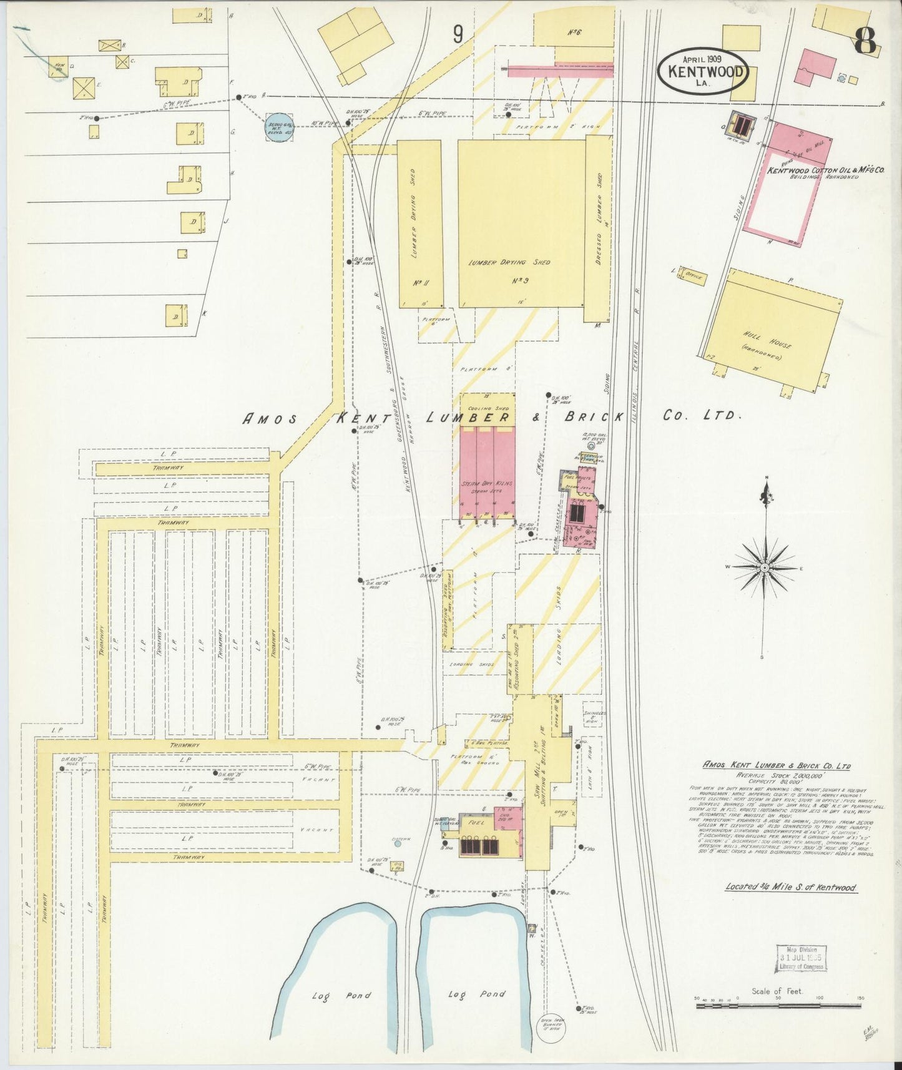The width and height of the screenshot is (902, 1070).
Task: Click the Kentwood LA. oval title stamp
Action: (x=703, y=71)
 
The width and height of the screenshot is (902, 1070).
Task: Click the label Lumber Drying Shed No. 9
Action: (x=509, y=263)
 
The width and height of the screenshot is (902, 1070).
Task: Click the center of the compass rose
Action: (x=764, y=567)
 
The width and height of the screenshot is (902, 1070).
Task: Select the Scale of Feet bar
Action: (x=778, y=1006)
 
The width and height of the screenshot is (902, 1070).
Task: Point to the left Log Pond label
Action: (x=341, y=995)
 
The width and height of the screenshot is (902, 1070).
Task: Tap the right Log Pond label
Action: (x=476, y=994)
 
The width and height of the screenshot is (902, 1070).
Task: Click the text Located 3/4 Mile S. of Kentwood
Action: (x=790, y=887)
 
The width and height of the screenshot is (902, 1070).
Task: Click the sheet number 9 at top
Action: (x=458, y=35)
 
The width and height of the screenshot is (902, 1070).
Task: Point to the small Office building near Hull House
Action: (x=693, y=276)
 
